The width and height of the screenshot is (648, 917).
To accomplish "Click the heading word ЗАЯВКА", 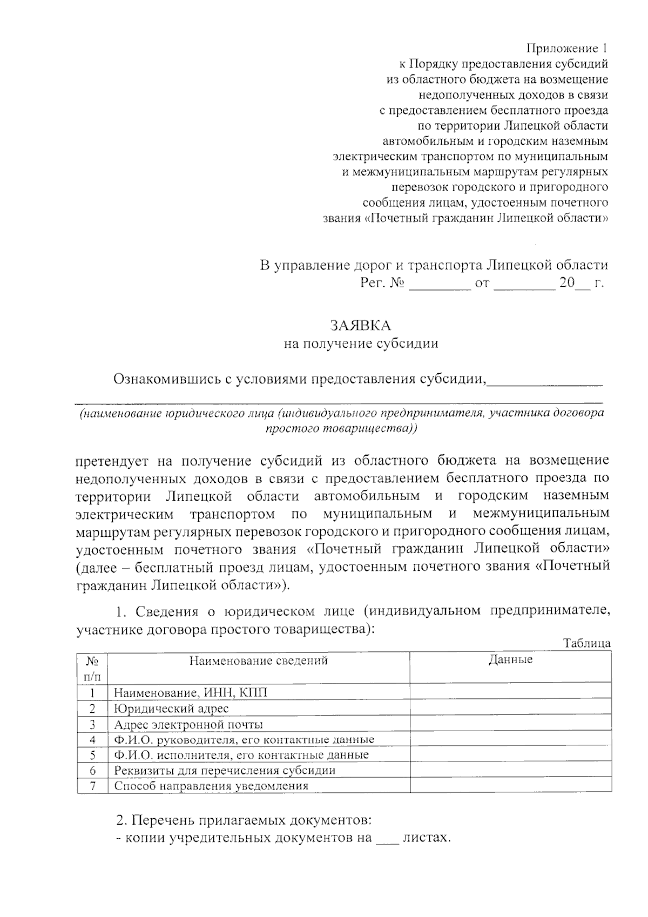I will point(360,326).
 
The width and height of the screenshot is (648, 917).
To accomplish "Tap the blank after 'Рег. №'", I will point(440,284).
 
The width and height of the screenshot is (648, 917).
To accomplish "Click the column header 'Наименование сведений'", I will point(258,660).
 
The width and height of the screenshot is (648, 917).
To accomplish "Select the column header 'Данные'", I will point(510,659).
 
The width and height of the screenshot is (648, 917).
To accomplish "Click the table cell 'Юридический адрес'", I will point(171,709).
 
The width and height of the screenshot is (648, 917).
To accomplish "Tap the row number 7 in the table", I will point(92,786).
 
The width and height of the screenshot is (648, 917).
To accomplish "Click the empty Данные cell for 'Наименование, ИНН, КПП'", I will point(510,693).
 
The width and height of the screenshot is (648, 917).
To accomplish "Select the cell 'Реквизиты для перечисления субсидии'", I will point(225,770).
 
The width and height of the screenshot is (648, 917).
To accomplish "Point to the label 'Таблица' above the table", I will point(587,643).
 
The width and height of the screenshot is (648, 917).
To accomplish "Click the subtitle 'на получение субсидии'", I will point(361,343).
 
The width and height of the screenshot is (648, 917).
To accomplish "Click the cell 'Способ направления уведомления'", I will point(211,786).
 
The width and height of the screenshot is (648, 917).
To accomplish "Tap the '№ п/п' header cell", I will point(92,668).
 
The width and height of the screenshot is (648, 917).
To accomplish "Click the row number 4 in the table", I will point(92,739).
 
